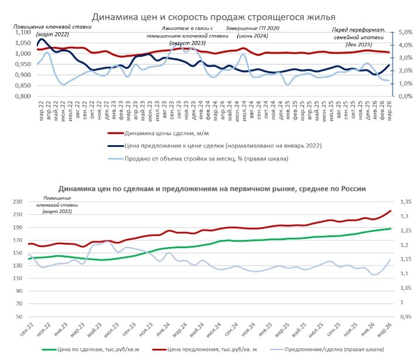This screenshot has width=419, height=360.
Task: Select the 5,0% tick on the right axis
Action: click(407, 33)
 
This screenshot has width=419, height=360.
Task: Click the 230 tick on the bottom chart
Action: click(19, 202)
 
